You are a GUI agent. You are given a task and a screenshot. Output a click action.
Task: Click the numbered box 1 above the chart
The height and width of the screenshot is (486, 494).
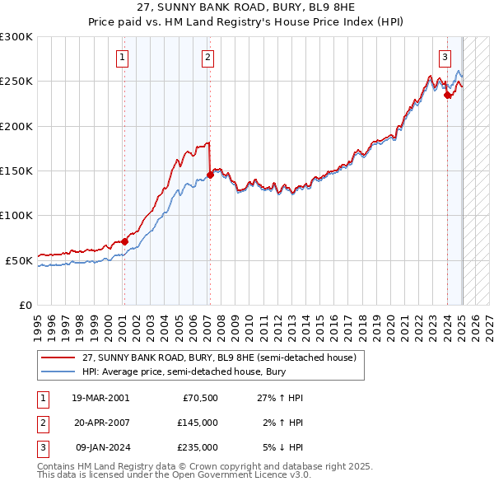(x=122, y=57)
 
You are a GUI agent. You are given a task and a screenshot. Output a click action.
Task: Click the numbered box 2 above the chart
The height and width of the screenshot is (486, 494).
(x=207, y=57)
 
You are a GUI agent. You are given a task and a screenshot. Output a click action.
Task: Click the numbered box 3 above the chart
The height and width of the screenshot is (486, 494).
(x=445, y=57)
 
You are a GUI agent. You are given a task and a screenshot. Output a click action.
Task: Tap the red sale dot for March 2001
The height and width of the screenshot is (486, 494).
(x=124, y=241)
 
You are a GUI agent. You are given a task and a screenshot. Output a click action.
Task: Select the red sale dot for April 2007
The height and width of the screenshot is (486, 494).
(x=211, y=175)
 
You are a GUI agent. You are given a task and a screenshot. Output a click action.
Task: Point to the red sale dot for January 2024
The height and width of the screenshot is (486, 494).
(x=447, y=95)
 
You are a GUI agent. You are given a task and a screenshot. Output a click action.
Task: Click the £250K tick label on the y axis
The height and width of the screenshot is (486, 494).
(x=16, y=82)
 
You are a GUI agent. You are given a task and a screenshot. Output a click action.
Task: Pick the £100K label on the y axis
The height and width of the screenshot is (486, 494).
(x=16, y=215)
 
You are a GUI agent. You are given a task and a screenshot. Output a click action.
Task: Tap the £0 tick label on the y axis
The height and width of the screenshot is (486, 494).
(x=25, y=305)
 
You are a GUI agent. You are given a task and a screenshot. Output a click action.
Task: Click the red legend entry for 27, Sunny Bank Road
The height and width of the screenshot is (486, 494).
(x=218, y=357)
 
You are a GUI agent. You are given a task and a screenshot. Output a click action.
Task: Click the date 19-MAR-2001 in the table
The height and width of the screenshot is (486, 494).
(x=100, y=397)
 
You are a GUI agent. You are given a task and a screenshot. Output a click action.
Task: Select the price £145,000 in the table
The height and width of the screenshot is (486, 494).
(x=198, y=422)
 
